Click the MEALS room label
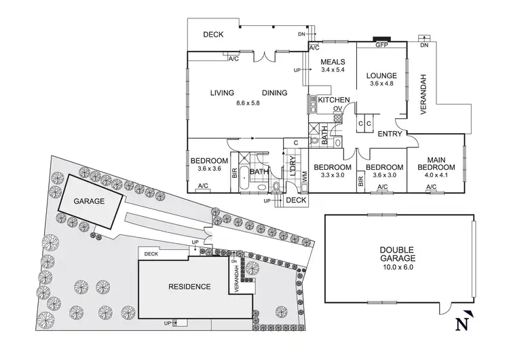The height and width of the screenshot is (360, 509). (334, 60)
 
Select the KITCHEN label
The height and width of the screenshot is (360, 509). (334, 101)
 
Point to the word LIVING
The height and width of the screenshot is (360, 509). (222, 93)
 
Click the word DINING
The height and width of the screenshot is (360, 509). (275, 93)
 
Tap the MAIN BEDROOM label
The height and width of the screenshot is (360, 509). (436, 163)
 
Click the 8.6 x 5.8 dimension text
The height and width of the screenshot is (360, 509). (248, 103)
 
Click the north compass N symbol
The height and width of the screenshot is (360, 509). (464, 324)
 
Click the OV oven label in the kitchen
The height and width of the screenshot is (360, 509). (337, 108)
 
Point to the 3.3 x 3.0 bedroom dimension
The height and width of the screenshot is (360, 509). (333, 175)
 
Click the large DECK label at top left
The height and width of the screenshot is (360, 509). (213, 35)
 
